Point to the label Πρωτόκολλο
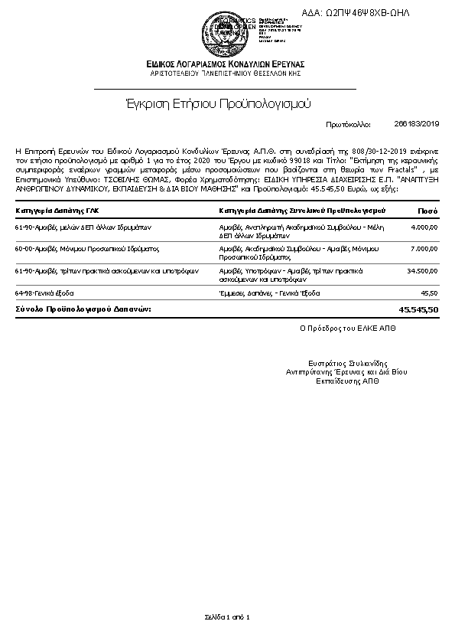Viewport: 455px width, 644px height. pos(348,123)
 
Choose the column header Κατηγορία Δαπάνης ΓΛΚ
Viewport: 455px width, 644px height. pos(57,209)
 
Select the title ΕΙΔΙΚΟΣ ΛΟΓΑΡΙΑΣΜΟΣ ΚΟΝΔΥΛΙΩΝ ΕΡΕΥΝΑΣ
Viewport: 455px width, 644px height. pos(227,64)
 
